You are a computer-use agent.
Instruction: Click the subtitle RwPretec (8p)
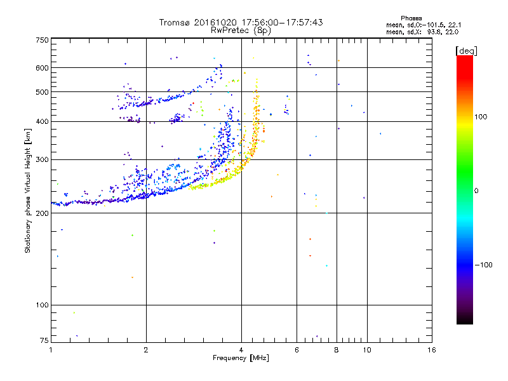point(241,30)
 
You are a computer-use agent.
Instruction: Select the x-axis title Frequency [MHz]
point(241,359)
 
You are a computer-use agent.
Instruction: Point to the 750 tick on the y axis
point(42,40)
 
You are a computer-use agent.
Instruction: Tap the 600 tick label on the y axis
point(42,68)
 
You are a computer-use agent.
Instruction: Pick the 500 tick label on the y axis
point(42,93)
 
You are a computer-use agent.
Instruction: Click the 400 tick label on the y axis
point(42,122)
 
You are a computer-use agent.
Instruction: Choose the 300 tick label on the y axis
point(42,160)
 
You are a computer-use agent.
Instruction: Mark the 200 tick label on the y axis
point(42,213)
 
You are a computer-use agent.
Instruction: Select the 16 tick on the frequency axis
point(431,350)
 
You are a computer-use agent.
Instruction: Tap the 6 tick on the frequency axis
point(297,350)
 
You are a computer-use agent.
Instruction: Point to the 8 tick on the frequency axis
point(337,350)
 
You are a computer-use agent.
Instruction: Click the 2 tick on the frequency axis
point(146,350)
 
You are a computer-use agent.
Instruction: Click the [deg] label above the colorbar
point(466,50)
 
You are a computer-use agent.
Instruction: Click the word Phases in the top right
point(411,18)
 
